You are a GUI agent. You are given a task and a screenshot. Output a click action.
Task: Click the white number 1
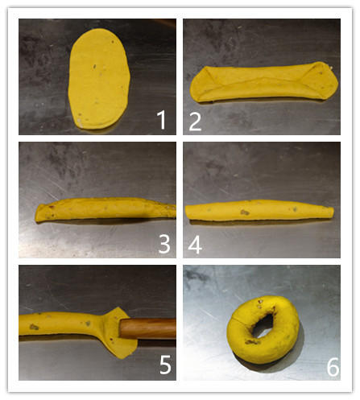161,120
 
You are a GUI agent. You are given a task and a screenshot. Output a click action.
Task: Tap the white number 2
195,122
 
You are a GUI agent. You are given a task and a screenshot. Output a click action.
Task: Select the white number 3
164,244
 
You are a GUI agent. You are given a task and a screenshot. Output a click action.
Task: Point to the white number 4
195,245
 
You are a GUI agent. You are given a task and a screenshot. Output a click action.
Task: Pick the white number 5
165,365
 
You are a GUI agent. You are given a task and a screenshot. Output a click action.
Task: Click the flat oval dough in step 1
99,79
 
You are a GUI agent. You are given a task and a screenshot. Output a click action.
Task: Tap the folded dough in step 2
263,83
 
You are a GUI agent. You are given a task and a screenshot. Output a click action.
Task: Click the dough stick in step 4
259,210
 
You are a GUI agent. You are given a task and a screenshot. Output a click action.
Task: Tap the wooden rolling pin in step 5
148,328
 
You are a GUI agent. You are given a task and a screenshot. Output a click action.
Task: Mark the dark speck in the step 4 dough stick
245,212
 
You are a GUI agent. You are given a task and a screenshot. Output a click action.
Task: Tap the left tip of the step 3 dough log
36,216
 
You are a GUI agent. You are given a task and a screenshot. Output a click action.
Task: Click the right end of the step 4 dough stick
333,211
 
